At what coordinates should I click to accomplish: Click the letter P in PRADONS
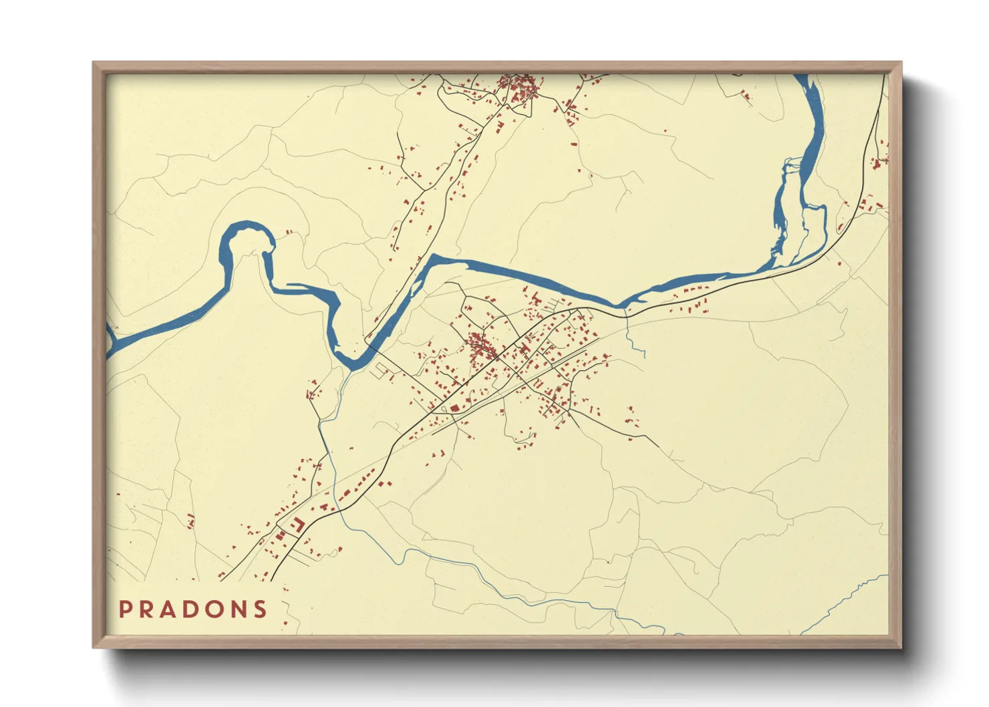125,609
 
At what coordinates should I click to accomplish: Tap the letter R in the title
146,609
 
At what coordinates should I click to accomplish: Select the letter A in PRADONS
168,609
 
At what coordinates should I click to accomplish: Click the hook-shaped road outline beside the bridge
381,368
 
